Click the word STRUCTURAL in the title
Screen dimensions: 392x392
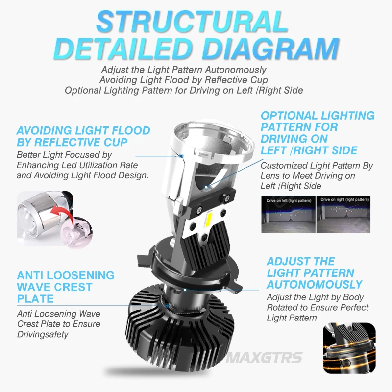click(192, 22)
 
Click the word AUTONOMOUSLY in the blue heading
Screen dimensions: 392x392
click(314, 284)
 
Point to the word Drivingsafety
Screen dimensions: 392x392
click(43, 334)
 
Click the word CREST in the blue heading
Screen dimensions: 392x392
click(72, 287)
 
